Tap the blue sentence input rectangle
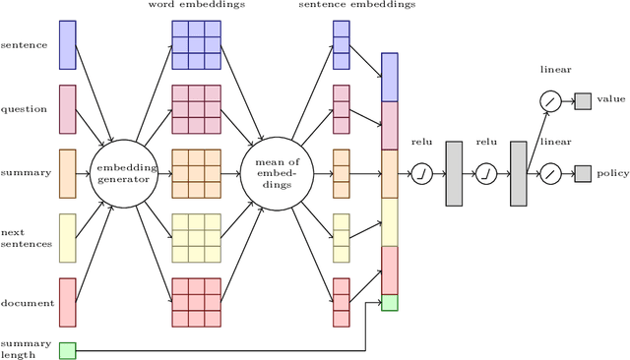[x=67, y=45]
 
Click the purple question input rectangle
[x=67, y=109]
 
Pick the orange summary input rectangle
[x=67, y=173]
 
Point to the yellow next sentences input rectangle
[x=67, y=237]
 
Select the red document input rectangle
[x=67, y=301]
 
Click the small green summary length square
[x=67, y=349]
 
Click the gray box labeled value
[x=582, y=100]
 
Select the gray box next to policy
[x=582, y=173]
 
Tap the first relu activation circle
[x=422, y=173]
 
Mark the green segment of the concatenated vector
[x=389, y=302]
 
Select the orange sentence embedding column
[x=341, y=173]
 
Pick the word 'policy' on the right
[x=611, y=173]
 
